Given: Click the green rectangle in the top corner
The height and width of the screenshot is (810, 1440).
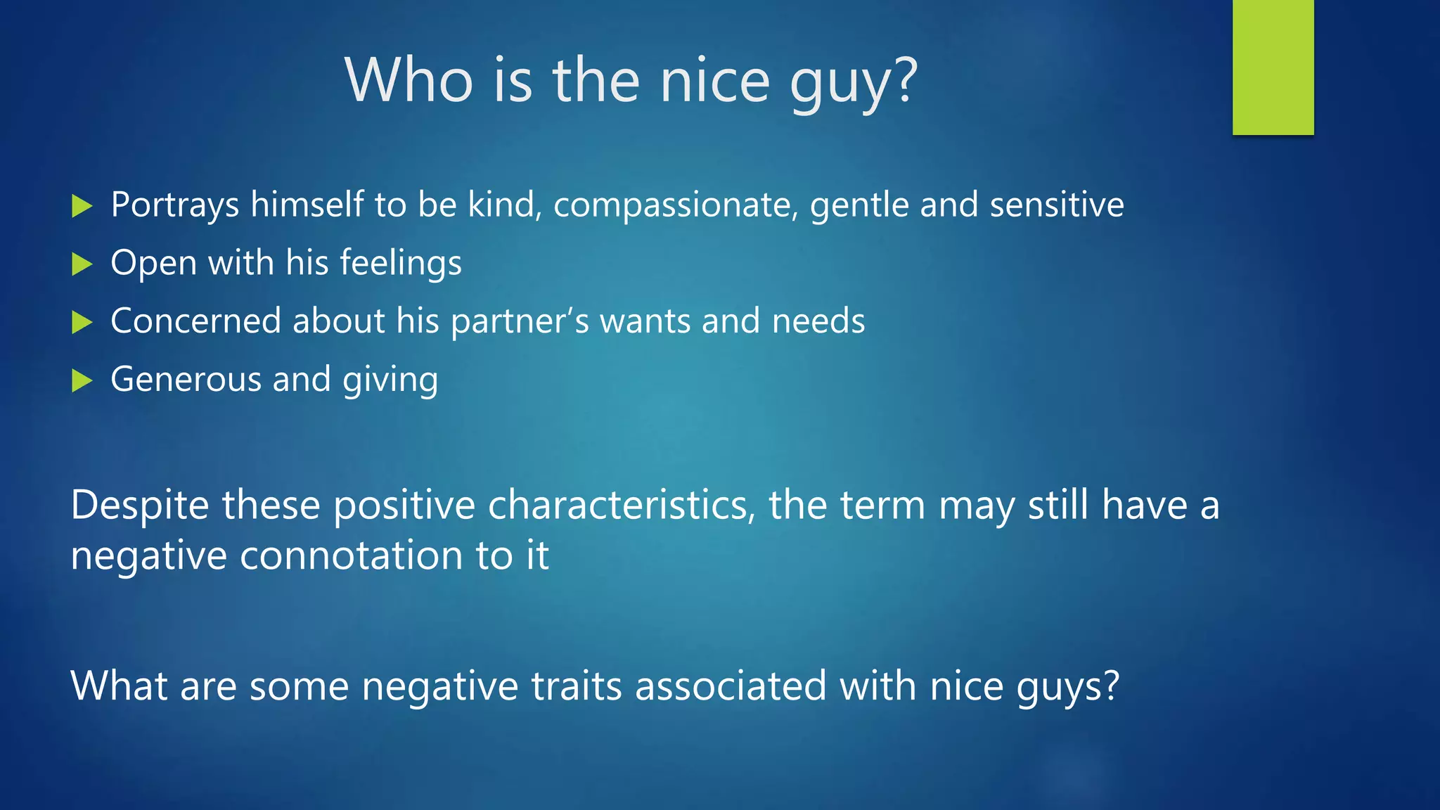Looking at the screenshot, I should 1273,67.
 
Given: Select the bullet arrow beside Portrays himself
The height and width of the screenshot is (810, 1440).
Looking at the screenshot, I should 82,206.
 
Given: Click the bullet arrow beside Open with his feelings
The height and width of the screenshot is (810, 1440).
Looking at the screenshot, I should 82,264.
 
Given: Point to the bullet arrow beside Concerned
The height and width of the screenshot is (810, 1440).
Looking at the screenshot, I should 82,323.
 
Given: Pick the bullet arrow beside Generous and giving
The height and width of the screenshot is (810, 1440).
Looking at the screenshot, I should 82,381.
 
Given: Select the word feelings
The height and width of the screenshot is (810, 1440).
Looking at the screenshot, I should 401,264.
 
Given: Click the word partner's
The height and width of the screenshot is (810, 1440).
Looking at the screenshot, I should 520,321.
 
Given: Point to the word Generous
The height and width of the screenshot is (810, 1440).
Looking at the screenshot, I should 186,380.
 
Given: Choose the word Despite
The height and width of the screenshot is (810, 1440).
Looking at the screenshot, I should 141,506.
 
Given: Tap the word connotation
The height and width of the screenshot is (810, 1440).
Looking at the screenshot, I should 351,555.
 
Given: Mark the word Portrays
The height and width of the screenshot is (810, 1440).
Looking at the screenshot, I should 175,205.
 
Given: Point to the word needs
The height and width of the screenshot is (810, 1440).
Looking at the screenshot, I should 818,321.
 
